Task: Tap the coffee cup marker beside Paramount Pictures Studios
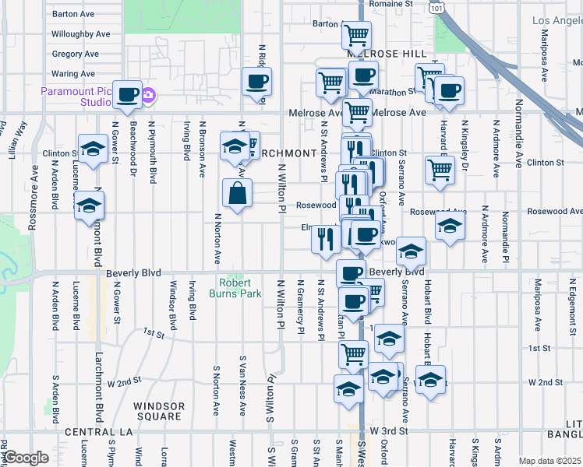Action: pyautogui.click(x=129, y=95)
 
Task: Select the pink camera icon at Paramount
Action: pyautogui.click(x=149, y=97)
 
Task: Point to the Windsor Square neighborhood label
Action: pyautogui.click(x=159, y=411)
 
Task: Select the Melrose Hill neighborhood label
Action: pyautogui.click(x=387, y=53)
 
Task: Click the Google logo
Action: pyautogui.click(x=25, y=458)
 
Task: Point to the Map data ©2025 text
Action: pyautogui.click(x=549, y=461)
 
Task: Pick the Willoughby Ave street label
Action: pyautogui.click(x=80, y=34)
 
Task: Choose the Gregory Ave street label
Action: pyautogui.click(x=75, y=54)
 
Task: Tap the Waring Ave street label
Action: pyautogui.click(x=72, y=74)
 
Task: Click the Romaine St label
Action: pyautogui.click(x=390, y=4)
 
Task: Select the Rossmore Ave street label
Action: pyautogui.click(x=34, y=206)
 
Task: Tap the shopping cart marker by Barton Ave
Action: pyautogui.click(x=356, y=34)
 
